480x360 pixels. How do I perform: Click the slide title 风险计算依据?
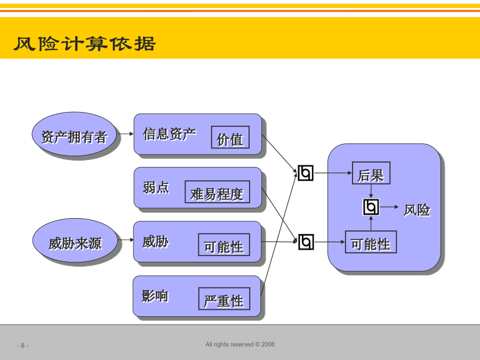point(85,44)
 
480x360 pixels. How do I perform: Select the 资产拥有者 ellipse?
point(74,134)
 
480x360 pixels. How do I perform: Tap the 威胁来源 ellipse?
point(75,241)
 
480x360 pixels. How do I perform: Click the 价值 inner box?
point(230,137)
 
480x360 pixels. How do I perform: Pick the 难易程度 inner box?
point(218,192)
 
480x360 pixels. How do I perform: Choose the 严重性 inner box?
point(224,299)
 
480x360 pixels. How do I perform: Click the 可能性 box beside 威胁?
point(224,245)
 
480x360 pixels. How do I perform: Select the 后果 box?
point(371,173)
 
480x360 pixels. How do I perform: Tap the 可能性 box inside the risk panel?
point(371,242)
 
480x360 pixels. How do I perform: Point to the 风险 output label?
point(417,210)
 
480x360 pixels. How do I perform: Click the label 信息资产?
point(169,134)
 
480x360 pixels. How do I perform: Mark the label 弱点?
point(156,187)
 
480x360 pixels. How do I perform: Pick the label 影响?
point(155,296)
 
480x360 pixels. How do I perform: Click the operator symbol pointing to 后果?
point(306,173)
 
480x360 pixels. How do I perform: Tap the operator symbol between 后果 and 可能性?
point(371,207)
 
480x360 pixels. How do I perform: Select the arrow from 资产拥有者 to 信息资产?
point(125,134)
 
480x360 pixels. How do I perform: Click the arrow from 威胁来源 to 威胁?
point(125,239)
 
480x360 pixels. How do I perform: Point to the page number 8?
point(22,346)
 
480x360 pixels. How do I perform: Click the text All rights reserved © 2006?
point(240,345)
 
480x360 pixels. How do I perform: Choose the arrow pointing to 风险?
point(389,207)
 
